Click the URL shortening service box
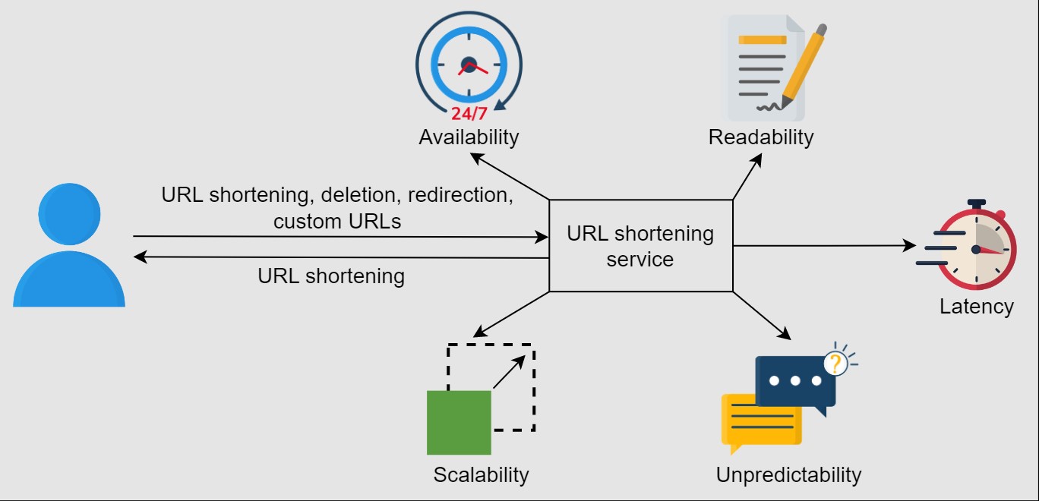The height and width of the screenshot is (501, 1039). [x=640, y=246]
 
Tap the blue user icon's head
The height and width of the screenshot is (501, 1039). [x=69, y=215]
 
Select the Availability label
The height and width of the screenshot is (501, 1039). [x=469, y=137]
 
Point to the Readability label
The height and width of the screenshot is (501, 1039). [x=760, y=137]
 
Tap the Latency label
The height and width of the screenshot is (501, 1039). [x=976, y=307]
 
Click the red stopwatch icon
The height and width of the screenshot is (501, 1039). [x=975, y=248]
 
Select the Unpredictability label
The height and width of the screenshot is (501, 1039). [x=788, y=475]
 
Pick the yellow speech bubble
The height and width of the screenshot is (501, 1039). [x=760, y=421]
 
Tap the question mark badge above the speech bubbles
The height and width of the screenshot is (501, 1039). [x=835, y=364]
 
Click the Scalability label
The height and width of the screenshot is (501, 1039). [x=481, y=475]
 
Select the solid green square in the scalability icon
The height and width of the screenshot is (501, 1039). [x=459, y=422]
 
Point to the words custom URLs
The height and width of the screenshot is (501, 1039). [x=337, y=222]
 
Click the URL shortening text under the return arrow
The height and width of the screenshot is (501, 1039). [x=331, y=276]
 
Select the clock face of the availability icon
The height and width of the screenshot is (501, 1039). [x=469, y=66]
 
